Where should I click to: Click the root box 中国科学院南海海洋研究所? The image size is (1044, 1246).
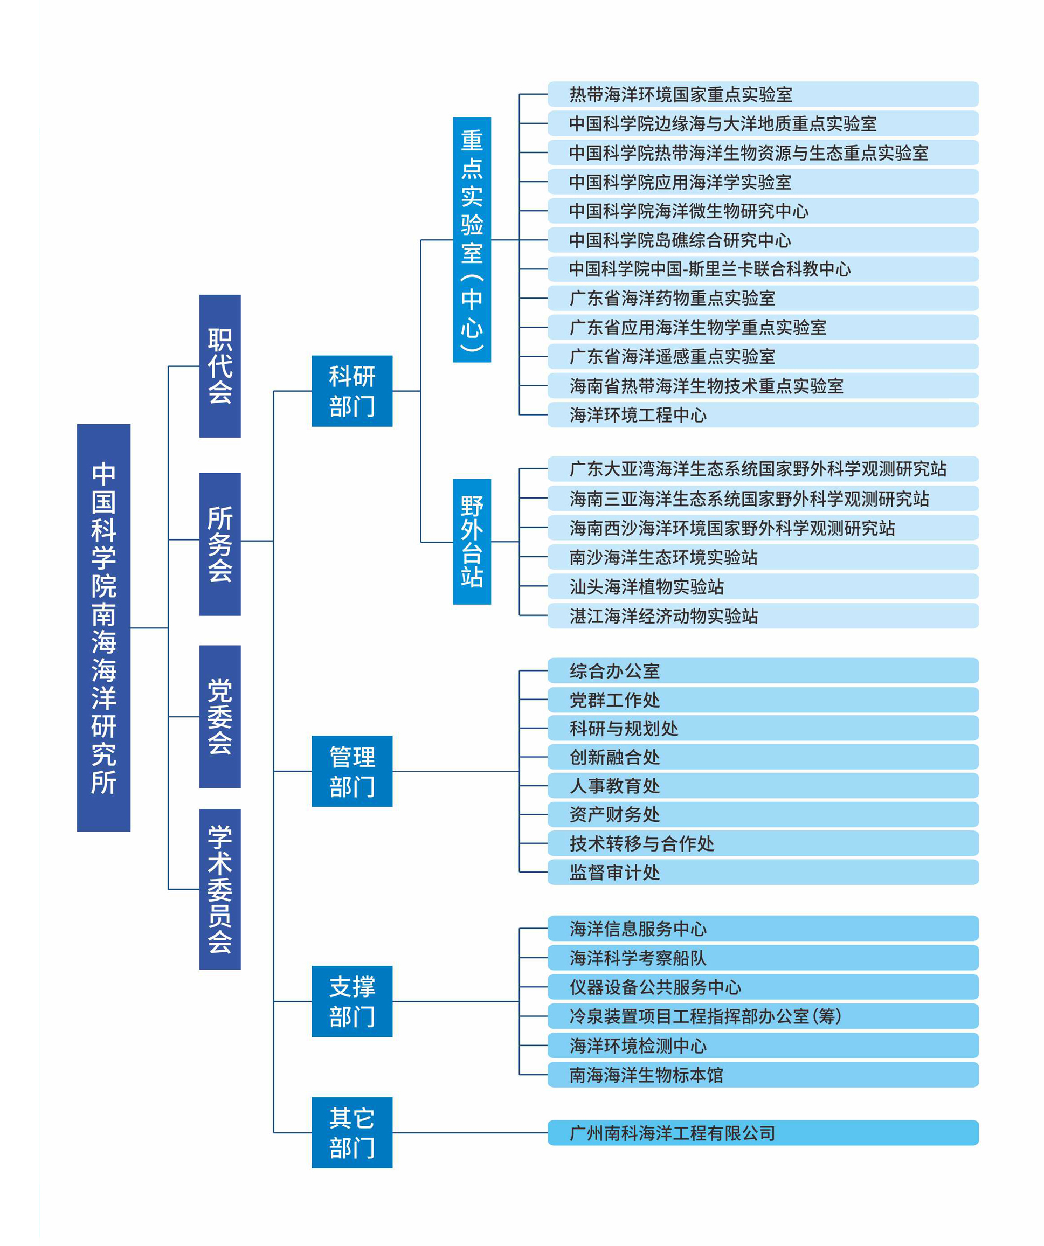click(x=103, y=627)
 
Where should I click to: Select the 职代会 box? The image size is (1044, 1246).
click(x=219, y=366)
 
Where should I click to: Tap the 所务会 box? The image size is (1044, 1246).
click(x=219, y=544)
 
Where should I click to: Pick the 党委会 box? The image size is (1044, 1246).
click(x=219, y=716)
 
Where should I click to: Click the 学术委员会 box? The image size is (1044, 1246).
click(x=219, y=889)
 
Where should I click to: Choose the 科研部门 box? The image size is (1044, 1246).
click(x=352, y=391)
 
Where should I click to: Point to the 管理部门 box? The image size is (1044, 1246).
click(x=352, y=771)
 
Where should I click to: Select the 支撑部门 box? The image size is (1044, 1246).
click(x=352, y=1001)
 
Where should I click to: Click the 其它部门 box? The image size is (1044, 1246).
click(x=352, y=1133)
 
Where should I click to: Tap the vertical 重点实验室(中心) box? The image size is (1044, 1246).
click(x=472, y=240)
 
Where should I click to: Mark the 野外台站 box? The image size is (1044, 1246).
click(x=472, y=541)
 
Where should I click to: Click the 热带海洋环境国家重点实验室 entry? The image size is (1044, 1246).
click(x=763, y=94)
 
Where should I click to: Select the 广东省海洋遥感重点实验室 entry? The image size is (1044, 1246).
click(x=763, y=356)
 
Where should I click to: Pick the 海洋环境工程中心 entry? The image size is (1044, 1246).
click(x=763, y=415)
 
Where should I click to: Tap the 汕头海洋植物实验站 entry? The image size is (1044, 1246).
click(x=763, y=586)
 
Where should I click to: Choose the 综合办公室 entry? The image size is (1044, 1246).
click(x=763, y=670)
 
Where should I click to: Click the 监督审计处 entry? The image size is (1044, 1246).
click(x=763, y=871)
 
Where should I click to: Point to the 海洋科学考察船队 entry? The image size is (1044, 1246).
click(x=763, y=958)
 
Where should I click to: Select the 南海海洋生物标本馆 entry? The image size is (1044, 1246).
click(x=763, y=1075)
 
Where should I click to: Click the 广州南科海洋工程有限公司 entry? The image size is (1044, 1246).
click(x=763, y=1133)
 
